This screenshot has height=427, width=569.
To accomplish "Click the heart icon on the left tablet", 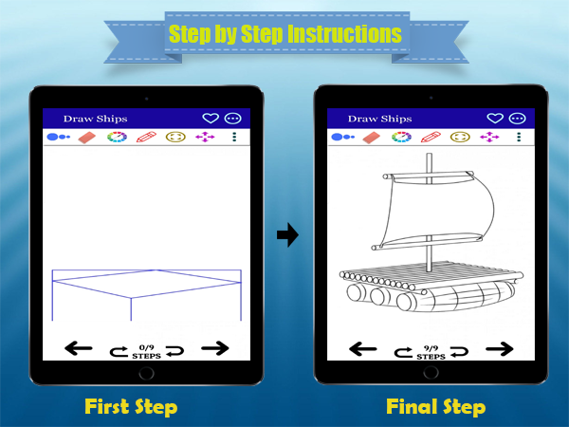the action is [211, 118].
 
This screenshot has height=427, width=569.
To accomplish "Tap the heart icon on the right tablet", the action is [495, 118].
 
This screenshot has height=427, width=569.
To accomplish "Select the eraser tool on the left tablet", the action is [86, 138].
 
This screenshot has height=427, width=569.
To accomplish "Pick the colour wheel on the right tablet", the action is [401, 137].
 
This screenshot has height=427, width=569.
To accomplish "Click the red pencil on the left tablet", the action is [146, 137].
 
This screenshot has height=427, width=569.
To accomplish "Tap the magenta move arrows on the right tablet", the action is [489, 137].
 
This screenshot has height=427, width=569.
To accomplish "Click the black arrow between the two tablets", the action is [287, 234].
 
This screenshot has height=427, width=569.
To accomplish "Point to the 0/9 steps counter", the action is [147, 352].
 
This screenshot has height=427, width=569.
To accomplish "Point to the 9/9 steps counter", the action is [431, 352].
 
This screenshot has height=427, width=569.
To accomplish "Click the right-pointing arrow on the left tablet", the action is [215, 348].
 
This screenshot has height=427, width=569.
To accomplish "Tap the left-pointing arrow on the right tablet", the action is [363, 349].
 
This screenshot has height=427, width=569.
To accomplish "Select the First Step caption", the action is [131, 407].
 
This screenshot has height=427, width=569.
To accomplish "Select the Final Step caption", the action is [436, 407].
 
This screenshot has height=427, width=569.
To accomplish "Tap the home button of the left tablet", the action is [147, 373].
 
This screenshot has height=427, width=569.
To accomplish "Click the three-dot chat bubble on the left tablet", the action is [233, 119].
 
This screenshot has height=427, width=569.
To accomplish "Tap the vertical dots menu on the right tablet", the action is [519, 137].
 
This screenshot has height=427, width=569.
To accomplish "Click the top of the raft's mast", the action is [429, 154].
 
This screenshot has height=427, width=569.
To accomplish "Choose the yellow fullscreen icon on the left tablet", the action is [175, 137].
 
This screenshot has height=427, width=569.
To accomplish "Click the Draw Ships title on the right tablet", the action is [380, 119].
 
